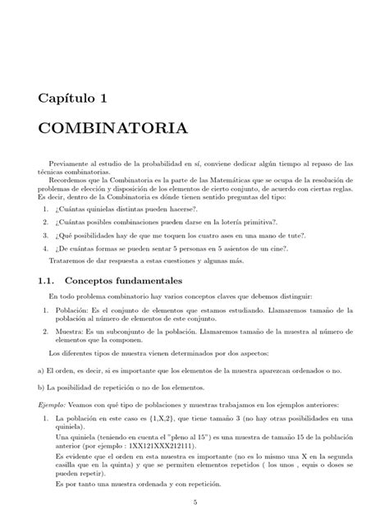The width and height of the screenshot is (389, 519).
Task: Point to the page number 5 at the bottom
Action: click(x=194, y=503)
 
